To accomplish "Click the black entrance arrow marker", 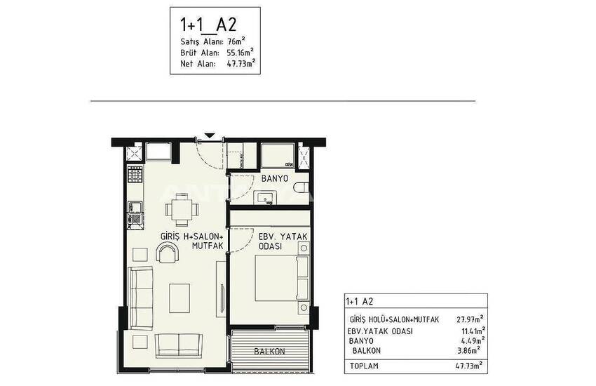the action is click(x=210, y=135).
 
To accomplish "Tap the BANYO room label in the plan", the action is click(x=275, y=178).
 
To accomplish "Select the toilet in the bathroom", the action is click(x=302, y=187).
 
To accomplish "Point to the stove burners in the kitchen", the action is click(x=135, y=175).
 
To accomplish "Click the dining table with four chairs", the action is click(x=182, y=208).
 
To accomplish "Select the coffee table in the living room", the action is click(x=180, y=298).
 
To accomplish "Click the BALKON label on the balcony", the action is click(x=269, y=352).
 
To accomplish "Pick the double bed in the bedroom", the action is click(x=281, y=278).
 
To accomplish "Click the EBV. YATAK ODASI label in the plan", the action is click(x=283, y=241).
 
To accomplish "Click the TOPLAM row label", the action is click(x=364, y=366).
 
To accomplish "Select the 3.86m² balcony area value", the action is click(x=468, y=350).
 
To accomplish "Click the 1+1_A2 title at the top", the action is click(x=208, y=25).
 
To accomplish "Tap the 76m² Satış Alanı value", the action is click(x=236, y=41).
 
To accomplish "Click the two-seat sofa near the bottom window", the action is click(x=179, y=345).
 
